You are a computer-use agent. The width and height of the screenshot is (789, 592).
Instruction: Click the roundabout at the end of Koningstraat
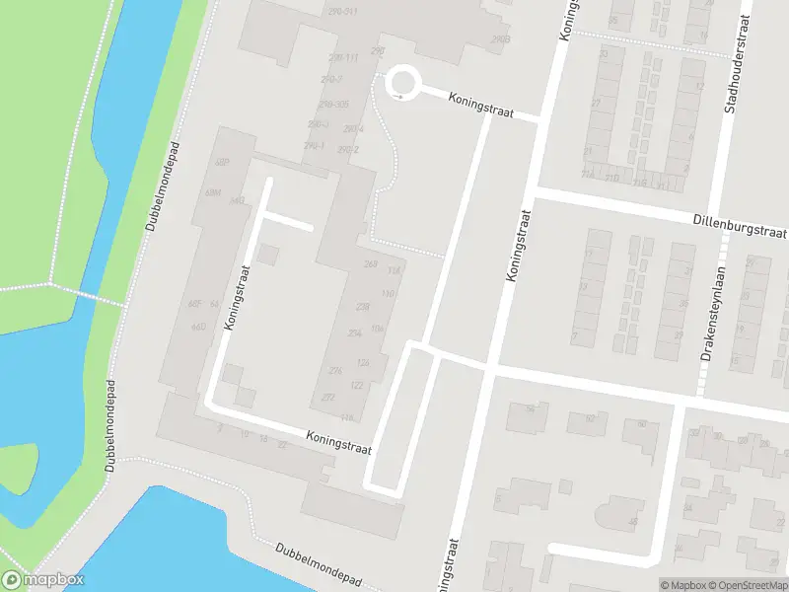[402, 81]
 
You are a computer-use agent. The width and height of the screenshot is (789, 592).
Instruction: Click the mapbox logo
[43, 580]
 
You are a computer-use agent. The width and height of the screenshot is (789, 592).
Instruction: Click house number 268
[371, 264]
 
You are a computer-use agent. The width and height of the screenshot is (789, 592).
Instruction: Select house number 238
[362, 307]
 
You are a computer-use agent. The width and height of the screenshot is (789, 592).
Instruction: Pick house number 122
[356, 386]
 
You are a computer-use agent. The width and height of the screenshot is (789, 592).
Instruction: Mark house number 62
[590, 418]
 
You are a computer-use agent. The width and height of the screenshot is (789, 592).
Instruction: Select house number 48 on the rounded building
[633, 522]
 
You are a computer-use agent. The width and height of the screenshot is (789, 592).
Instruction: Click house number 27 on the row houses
[596, 103]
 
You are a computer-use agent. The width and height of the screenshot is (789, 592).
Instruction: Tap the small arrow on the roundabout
[397, 96]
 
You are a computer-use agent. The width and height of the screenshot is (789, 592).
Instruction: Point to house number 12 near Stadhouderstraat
[698, 87]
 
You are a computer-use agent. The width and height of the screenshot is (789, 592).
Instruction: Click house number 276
[336, 370]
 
